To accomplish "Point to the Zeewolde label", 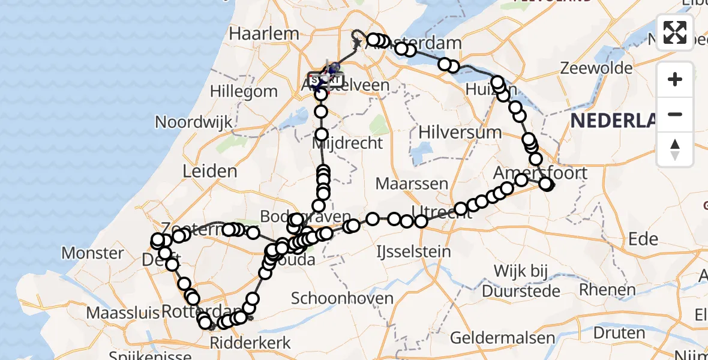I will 596,68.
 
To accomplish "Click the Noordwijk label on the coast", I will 193,122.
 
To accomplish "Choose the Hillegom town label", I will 244,92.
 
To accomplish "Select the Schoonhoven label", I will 342,298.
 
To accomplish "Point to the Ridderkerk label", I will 250,343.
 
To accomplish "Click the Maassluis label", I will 123,313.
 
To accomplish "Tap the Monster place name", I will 92,253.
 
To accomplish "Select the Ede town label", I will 643,239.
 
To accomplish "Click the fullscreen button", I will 675,32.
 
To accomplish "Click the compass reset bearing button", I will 675,149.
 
